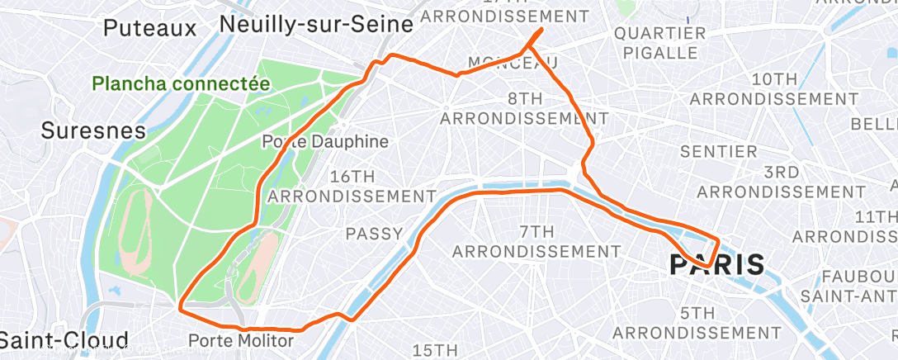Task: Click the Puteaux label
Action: [150, 28]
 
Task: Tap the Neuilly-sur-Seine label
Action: [316, 25]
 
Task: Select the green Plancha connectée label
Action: [181, 83]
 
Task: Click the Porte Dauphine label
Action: [324, 141]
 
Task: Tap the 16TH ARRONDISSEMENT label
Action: [352, 187]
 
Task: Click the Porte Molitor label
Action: [240, 340]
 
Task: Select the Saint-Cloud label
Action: [64, 340]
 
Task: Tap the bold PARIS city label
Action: [716, 266]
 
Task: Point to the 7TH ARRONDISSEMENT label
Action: [536, 240]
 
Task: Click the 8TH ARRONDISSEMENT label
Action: [524, 108]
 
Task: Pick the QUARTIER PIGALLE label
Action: [660, 43]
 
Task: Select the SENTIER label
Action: [718, 152]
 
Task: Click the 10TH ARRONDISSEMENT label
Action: [774, 88]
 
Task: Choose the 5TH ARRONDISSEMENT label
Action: [698, 323]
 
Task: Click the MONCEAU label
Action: [512, 64]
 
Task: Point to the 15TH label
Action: [435, 350]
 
